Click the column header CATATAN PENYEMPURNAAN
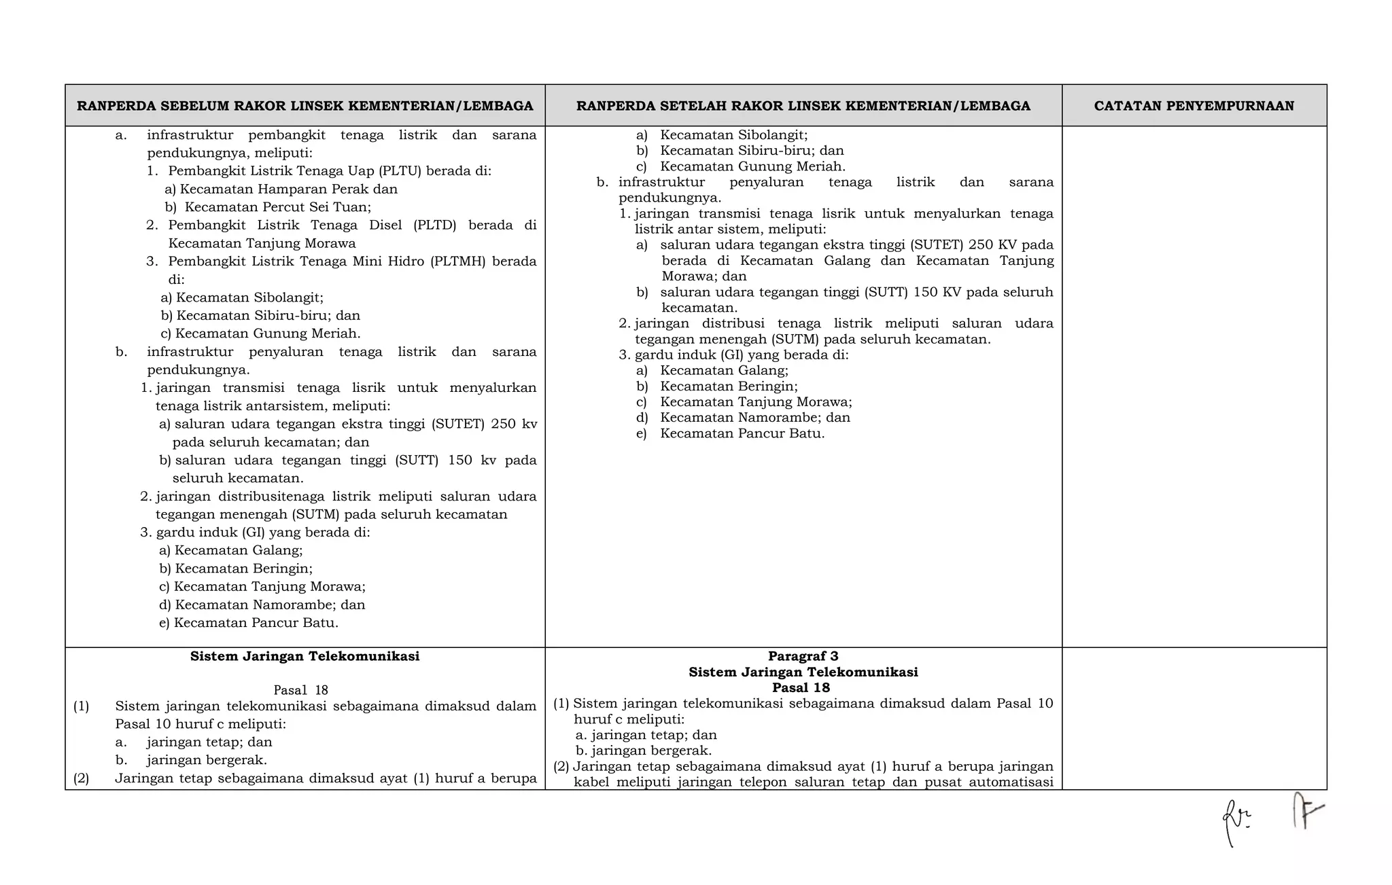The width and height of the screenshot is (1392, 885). [1194, 106]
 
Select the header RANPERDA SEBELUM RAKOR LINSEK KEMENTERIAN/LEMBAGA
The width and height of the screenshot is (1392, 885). [304, 106]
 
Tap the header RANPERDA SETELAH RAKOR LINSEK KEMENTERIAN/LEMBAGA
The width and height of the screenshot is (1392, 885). [803, 106]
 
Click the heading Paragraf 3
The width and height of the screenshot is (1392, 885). [803, 656]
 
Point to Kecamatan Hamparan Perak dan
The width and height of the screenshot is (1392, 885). [288, 189]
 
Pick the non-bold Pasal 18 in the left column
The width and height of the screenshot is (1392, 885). [300, 690]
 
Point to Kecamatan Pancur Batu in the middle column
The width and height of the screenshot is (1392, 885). [742, 433]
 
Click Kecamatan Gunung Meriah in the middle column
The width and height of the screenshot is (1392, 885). [752, 166]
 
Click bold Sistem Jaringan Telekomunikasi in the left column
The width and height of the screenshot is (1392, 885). [304, 656]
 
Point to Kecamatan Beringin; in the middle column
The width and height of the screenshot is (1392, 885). [729, 386]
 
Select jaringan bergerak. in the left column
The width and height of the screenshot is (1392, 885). [207, 760]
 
